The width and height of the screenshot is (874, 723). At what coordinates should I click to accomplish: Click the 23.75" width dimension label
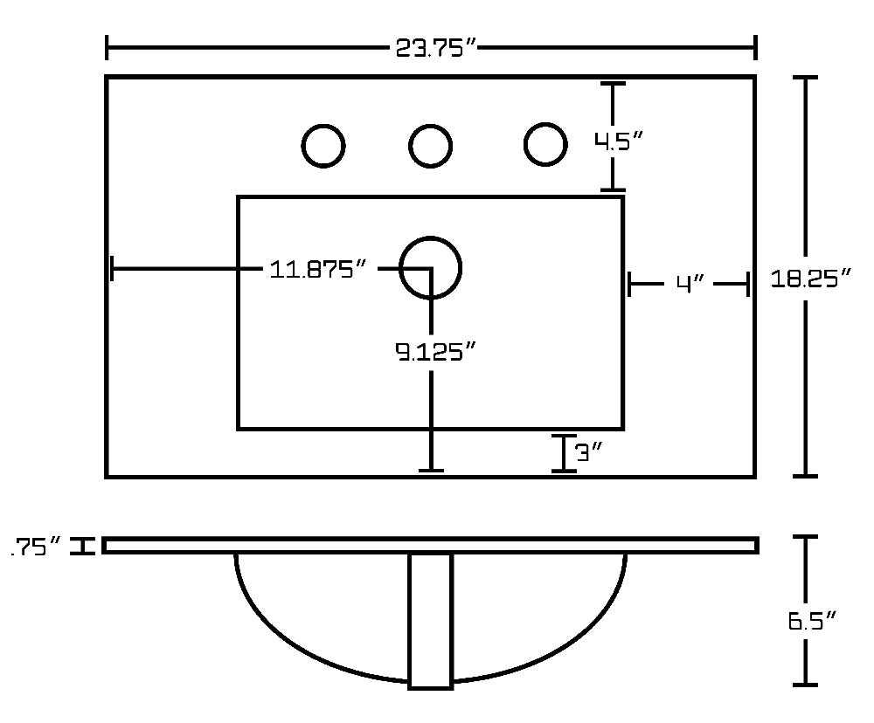pos(436,48)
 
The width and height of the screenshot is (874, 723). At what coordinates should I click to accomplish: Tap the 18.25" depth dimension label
pos(811,278)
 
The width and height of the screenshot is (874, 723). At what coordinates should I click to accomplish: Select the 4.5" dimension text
pos(619,141)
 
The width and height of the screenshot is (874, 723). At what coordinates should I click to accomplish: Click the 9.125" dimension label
pos(435,352)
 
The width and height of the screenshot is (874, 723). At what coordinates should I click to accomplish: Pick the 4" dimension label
pos(690,284)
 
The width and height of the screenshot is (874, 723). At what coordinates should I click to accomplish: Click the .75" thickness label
pos(36,547)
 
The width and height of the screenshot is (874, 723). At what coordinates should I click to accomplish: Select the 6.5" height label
pos(812,620)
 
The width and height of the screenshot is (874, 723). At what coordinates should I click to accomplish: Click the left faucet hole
pos(323,146)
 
